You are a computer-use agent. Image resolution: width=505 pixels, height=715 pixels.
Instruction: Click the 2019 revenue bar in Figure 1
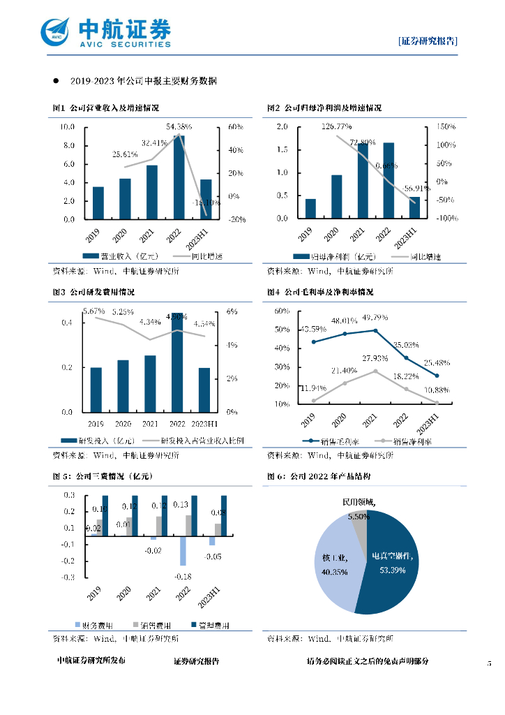[x=98, y=202]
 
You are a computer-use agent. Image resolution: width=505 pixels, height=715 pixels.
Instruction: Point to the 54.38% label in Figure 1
[x=179, y=126]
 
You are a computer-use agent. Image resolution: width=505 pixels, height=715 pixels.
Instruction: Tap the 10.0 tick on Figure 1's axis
[x=68, y=127]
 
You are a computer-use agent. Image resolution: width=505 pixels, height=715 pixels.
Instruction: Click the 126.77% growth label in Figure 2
[x=337, y=126]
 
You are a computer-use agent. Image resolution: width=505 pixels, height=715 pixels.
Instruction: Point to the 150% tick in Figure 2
[x=446, y=127]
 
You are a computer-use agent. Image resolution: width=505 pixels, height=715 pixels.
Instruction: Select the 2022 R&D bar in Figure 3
[x=178, y=362]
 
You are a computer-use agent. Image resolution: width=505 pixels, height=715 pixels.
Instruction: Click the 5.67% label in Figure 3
[x=93, y=311]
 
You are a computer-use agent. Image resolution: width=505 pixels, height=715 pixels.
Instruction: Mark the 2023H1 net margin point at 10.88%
[x=437, y=403]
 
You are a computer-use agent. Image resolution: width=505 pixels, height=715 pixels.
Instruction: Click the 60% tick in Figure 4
[x=282, y=311]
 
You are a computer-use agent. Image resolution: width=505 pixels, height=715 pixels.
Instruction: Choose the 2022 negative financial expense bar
[x=183, y=551]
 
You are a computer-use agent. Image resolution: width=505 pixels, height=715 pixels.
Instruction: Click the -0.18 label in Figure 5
[x=183, y=576]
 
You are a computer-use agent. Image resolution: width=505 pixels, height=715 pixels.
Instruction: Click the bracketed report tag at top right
[x=428, y=40]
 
